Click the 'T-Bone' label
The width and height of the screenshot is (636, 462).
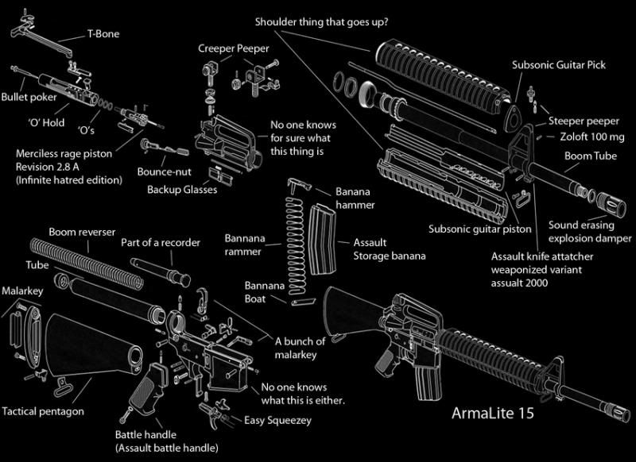pyautogui.click(x=104, y=36)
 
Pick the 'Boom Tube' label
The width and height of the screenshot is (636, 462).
pyautogui.click(x=588, y=157)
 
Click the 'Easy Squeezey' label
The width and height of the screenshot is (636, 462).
pyautogui.click(x=277, y=420)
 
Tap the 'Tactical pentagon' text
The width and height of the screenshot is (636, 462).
pyautogui.click(x=42, y=412)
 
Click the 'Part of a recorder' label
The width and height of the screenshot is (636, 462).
pyautogui.click(x=161, y=242)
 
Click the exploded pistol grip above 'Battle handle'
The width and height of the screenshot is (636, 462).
pyautogui.click(x=148, y=390)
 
